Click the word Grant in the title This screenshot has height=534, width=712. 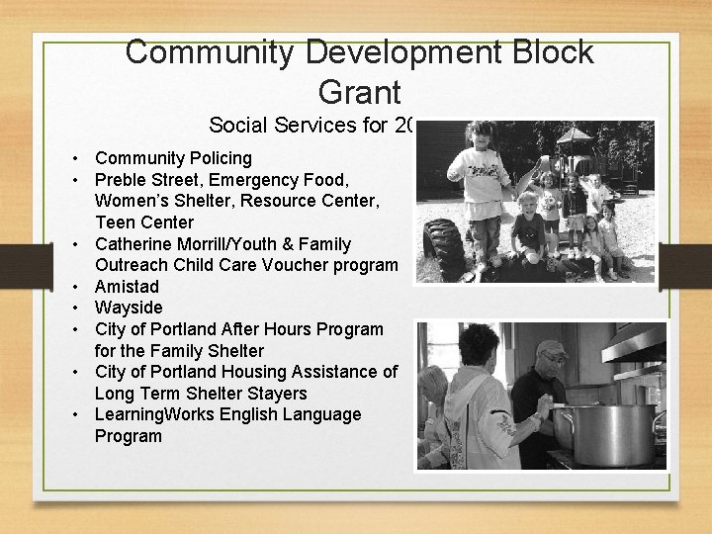click(x=360, y=92)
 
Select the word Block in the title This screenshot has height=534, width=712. click(x=545, y=52)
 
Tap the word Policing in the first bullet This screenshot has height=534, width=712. click(x=216, y=158)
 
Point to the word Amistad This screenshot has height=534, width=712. click(x=128, y=286)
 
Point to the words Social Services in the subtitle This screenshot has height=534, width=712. click(x=277, y=126)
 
